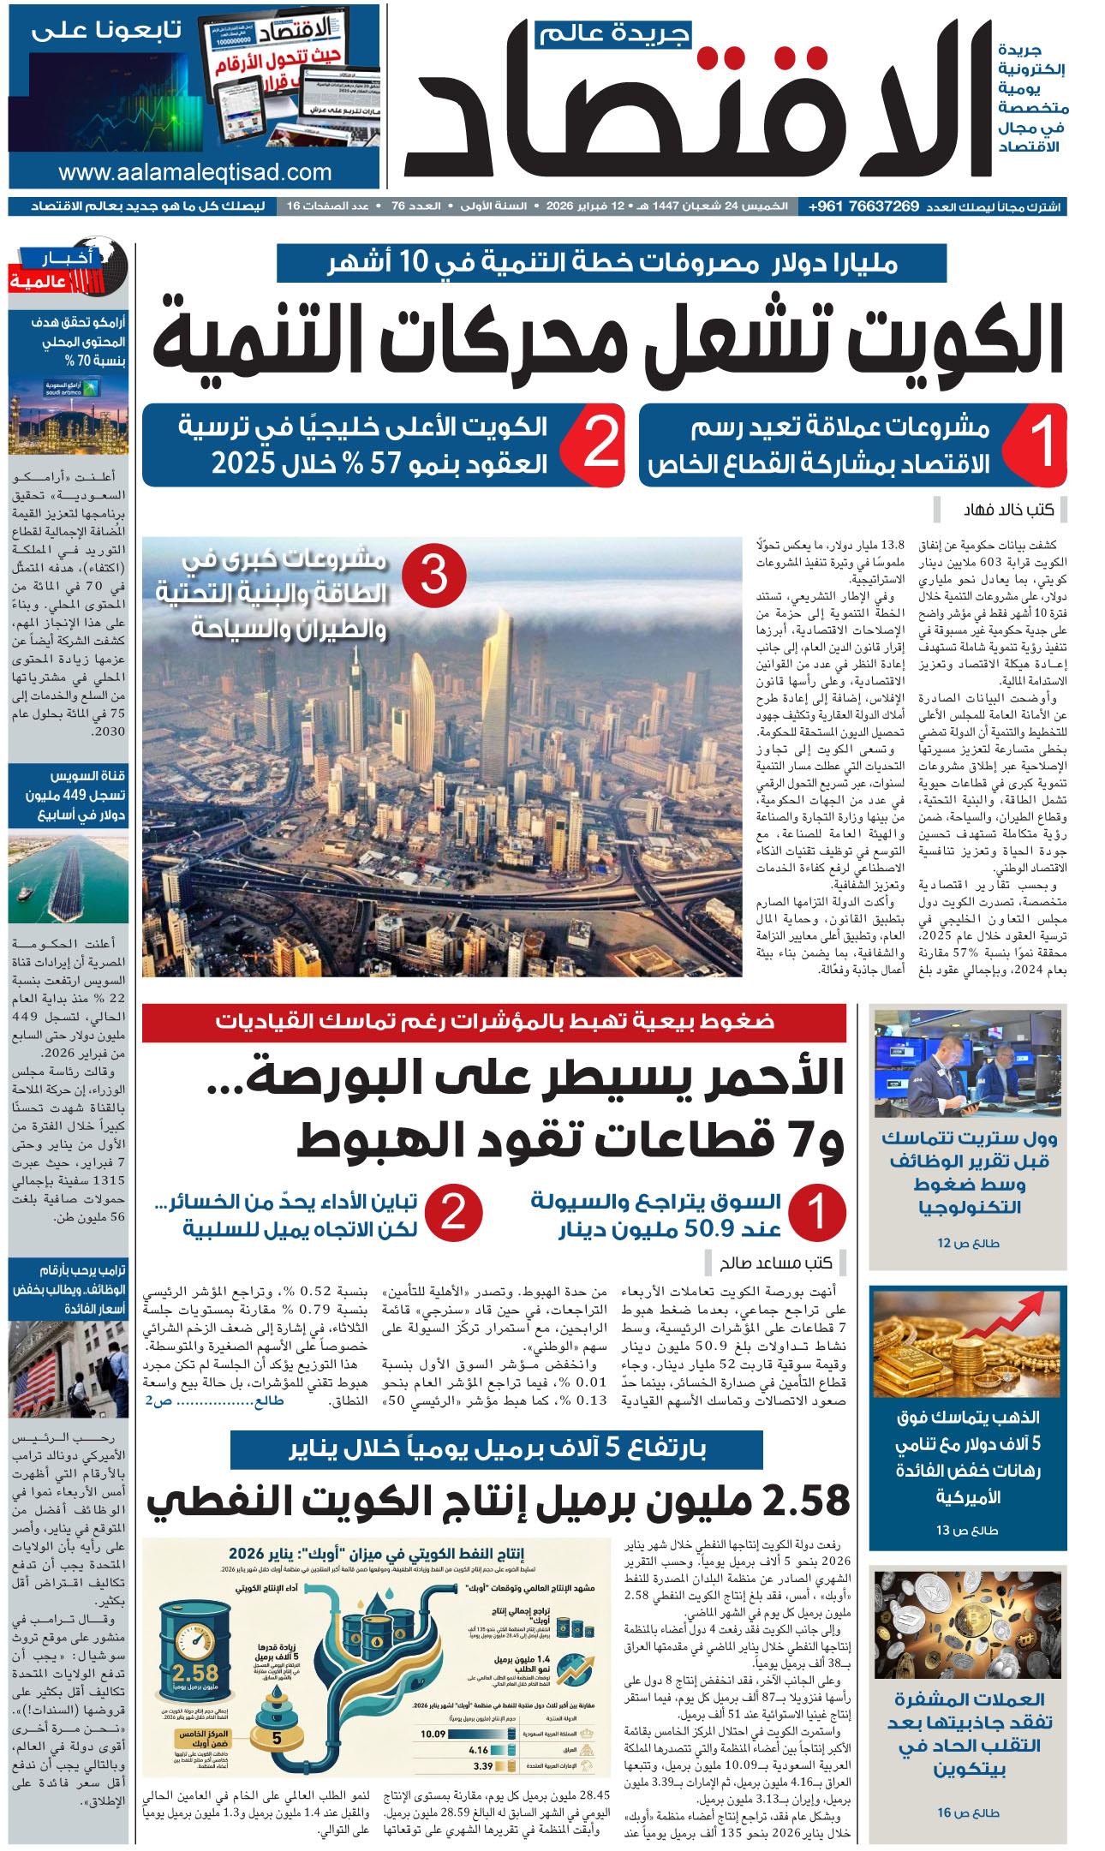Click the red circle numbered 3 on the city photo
[433, 575]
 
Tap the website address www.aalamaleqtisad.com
[195, 172]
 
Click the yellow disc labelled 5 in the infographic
[277, 1738]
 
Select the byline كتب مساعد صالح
[776, 1262]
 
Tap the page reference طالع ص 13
[968, 1530]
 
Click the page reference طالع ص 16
[968, 1812]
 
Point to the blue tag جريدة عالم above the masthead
[613, 34]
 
